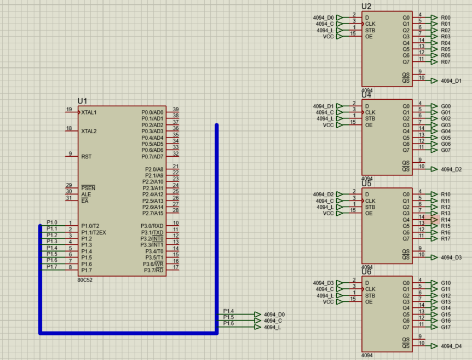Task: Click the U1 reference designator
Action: [x=83, y=101]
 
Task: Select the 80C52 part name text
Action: [x=85, y=279]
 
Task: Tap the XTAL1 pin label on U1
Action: [x=89, y=112]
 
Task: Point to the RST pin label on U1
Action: [x=86, y=156]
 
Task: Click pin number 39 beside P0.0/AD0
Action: [x=176, y=110]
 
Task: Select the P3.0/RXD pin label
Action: [x=152, y=226]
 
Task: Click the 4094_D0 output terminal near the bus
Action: [x=274, y=315]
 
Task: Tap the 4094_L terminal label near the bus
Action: [x=272, y=327]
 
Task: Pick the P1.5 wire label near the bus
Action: [x=228, y=318]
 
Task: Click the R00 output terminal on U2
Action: [x=446, y=18]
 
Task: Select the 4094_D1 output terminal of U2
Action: [x=451, y=81]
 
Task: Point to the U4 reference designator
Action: [x=366, y=95]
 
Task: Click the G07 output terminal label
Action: [x=446, y=150]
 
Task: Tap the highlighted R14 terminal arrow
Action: [x=434, y=220]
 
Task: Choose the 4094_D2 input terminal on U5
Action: [x=323, y=195]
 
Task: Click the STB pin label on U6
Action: [x=370, y=295]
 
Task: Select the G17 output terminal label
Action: [x=446, y=327]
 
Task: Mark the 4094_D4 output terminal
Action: [x=451, y=346]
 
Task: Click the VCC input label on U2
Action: [x=328, y=37]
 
